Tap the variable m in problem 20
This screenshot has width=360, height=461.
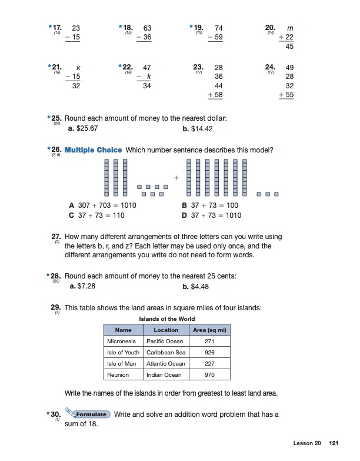[289, 28]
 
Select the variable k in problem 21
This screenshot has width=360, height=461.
[77, 68]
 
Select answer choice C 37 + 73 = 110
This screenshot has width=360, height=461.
[96, 215]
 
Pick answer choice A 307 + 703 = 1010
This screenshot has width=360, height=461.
[102, 205]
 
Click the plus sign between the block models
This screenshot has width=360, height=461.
[176, 177]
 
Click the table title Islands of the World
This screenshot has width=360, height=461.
[166, 319]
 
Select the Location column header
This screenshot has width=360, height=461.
[166, 330]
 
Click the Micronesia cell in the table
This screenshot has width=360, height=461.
[121, 341]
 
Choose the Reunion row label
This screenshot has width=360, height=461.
[118, 374]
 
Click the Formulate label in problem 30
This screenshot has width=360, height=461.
[90, 414]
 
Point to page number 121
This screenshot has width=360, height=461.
[334, 443]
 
